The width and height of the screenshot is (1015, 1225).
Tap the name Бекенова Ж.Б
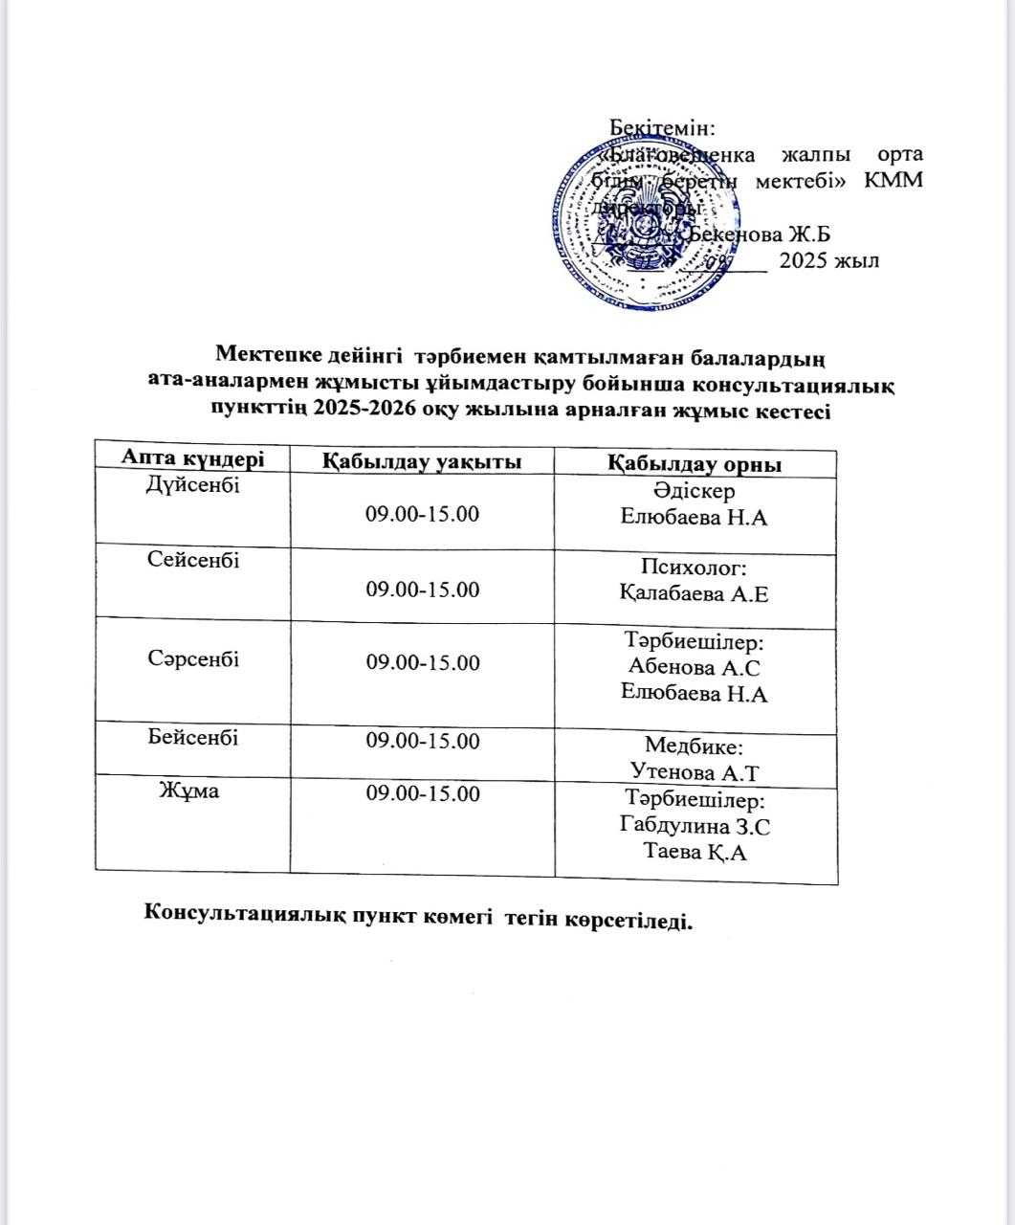pos(761,234)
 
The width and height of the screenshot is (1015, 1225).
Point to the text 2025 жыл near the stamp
pos(828,260)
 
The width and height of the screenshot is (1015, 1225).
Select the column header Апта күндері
pos(191,458)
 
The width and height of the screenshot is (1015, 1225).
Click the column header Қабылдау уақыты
pos(422,461)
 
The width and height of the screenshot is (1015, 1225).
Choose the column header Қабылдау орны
pos(695,464)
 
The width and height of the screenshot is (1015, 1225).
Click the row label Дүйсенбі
pos(192,485)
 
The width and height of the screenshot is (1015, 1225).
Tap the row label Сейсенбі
pos(193,560)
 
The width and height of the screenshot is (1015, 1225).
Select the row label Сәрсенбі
pos(193,659)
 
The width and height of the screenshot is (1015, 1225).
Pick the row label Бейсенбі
pos(193,738)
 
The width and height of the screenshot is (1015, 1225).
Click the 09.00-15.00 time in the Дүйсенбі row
pos(422,514)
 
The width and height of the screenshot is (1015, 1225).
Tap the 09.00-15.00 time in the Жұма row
pos(422,793)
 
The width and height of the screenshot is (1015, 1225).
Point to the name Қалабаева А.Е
pos(694,594)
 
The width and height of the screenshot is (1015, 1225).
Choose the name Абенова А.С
pos(695,667)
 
